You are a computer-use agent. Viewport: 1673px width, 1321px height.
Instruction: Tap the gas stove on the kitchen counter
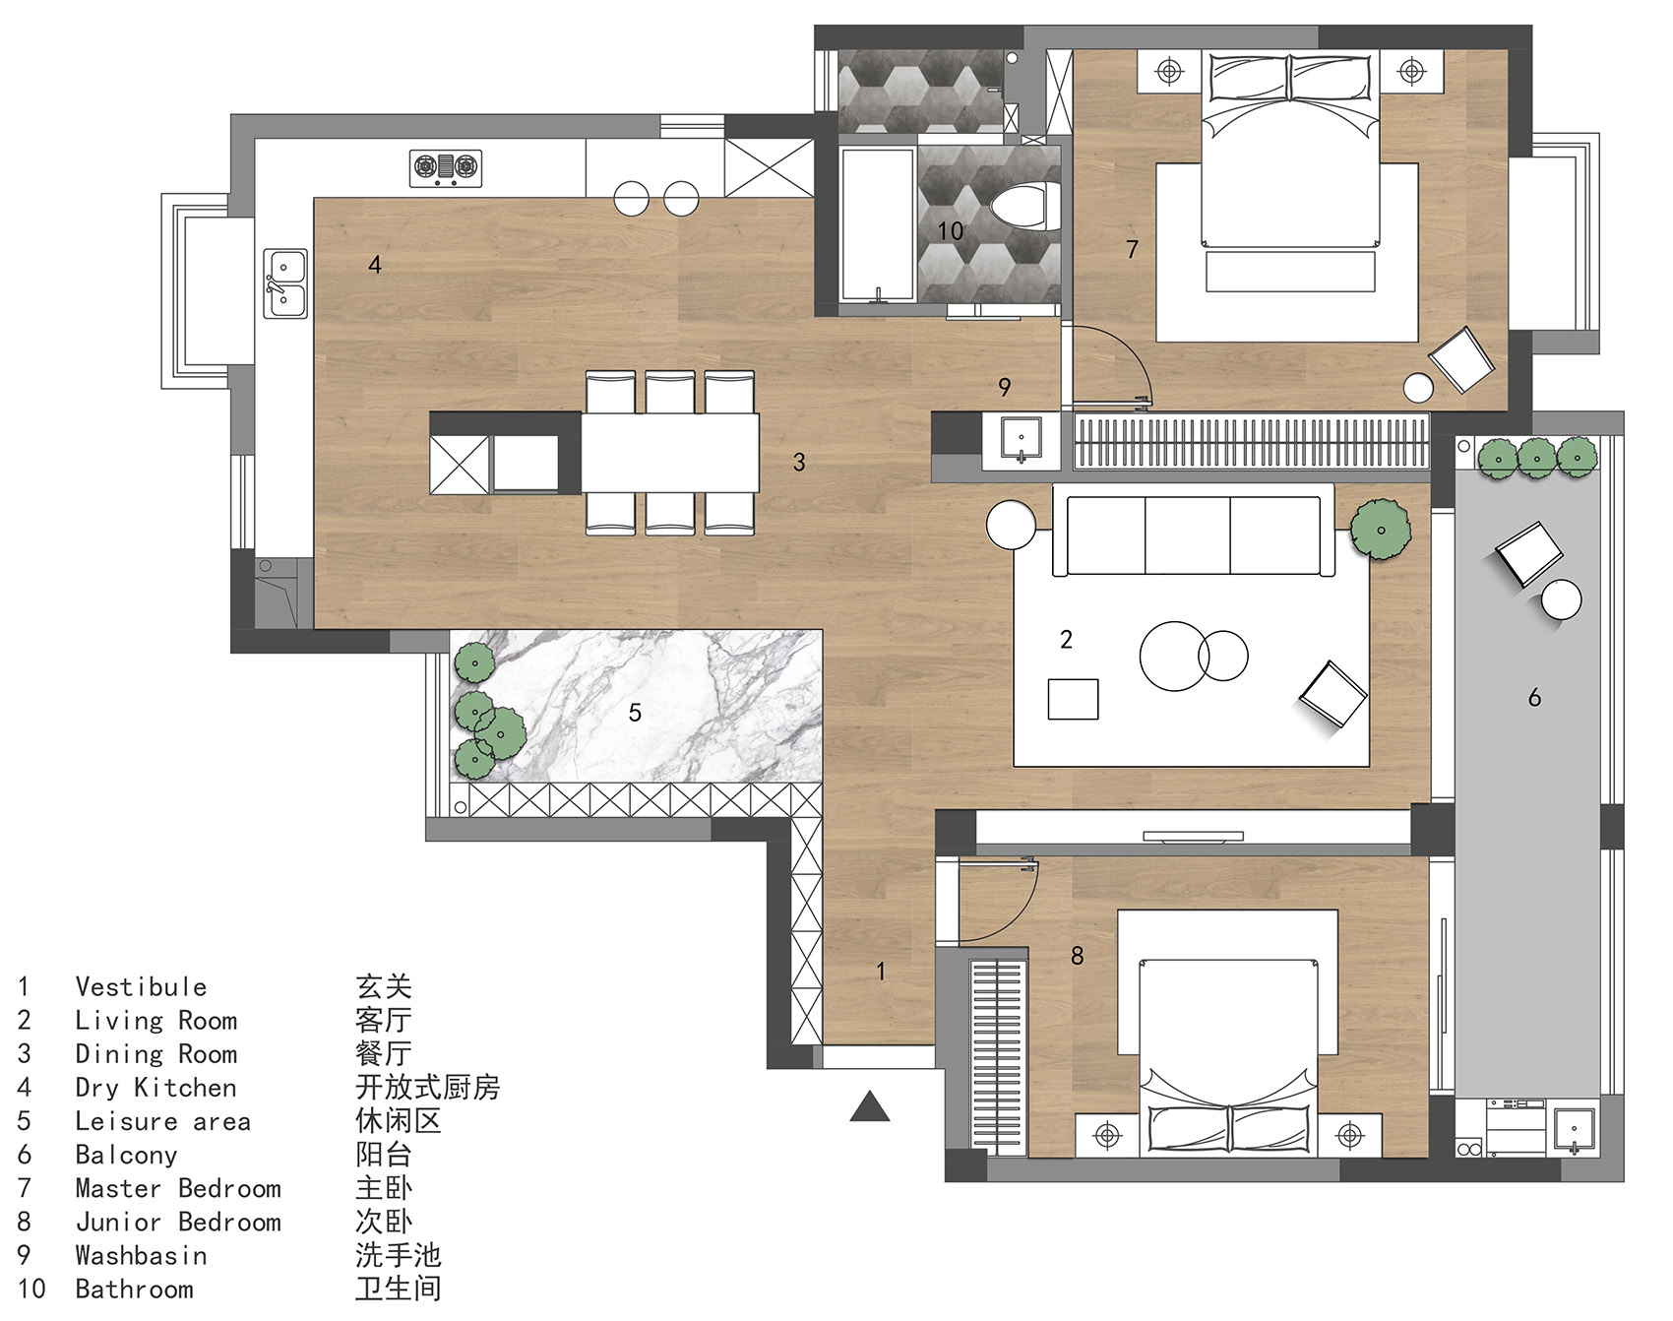coord(446,168)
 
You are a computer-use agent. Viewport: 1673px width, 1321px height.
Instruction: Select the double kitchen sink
coord(285,283)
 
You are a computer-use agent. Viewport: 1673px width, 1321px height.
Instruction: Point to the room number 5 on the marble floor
coord(635,712)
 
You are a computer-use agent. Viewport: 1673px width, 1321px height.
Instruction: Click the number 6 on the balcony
coord(1534,698)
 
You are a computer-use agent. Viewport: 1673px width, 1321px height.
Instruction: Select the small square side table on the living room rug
coord(1073,699)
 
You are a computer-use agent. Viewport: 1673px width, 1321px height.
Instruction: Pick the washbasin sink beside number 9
coord(1022,438)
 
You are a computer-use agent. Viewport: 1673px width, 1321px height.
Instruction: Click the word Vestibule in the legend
coord(141,986)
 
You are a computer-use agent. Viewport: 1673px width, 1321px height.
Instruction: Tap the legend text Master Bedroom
coord(178,1188)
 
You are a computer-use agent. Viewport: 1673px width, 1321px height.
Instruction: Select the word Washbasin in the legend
coord(141,1255)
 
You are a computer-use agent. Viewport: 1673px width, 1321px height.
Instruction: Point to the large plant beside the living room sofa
coord(1381,530)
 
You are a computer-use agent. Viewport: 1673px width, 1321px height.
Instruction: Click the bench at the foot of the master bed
coord(1290,272)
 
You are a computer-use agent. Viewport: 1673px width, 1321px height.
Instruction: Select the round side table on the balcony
coord(1562,599)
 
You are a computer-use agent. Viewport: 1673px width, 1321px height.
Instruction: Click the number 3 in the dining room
coord(799,462)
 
